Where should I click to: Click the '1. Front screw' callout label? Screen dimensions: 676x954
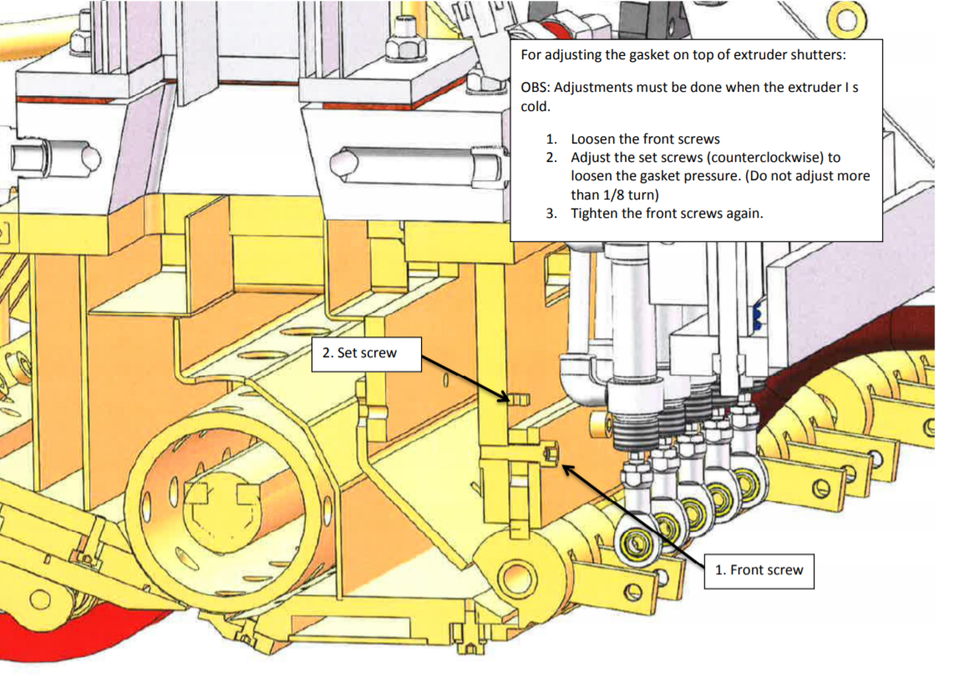pos(759,570)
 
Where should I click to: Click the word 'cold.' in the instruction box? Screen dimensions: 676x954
pos(535,108)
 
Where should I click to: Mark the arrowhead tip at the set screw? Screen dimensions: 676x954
pos(508,401)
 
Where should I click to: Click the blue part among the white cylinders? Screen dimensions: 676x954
pos(758,314)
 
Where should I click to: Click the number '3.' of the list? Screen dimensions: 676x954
pos(551,213)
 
